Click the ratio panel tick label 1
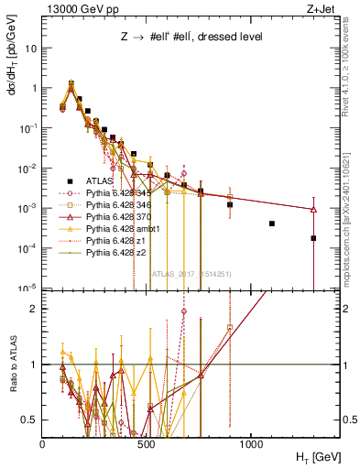pyautogui.click(x=34, y=365)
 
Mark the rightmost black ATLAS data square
pyautogui.click(x=313, y=238)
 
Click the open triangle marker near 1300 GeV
pyautogui.click(x=313, y=210)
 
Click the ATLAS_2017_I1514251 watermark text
pyautogui.click(x=191, y=272)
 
